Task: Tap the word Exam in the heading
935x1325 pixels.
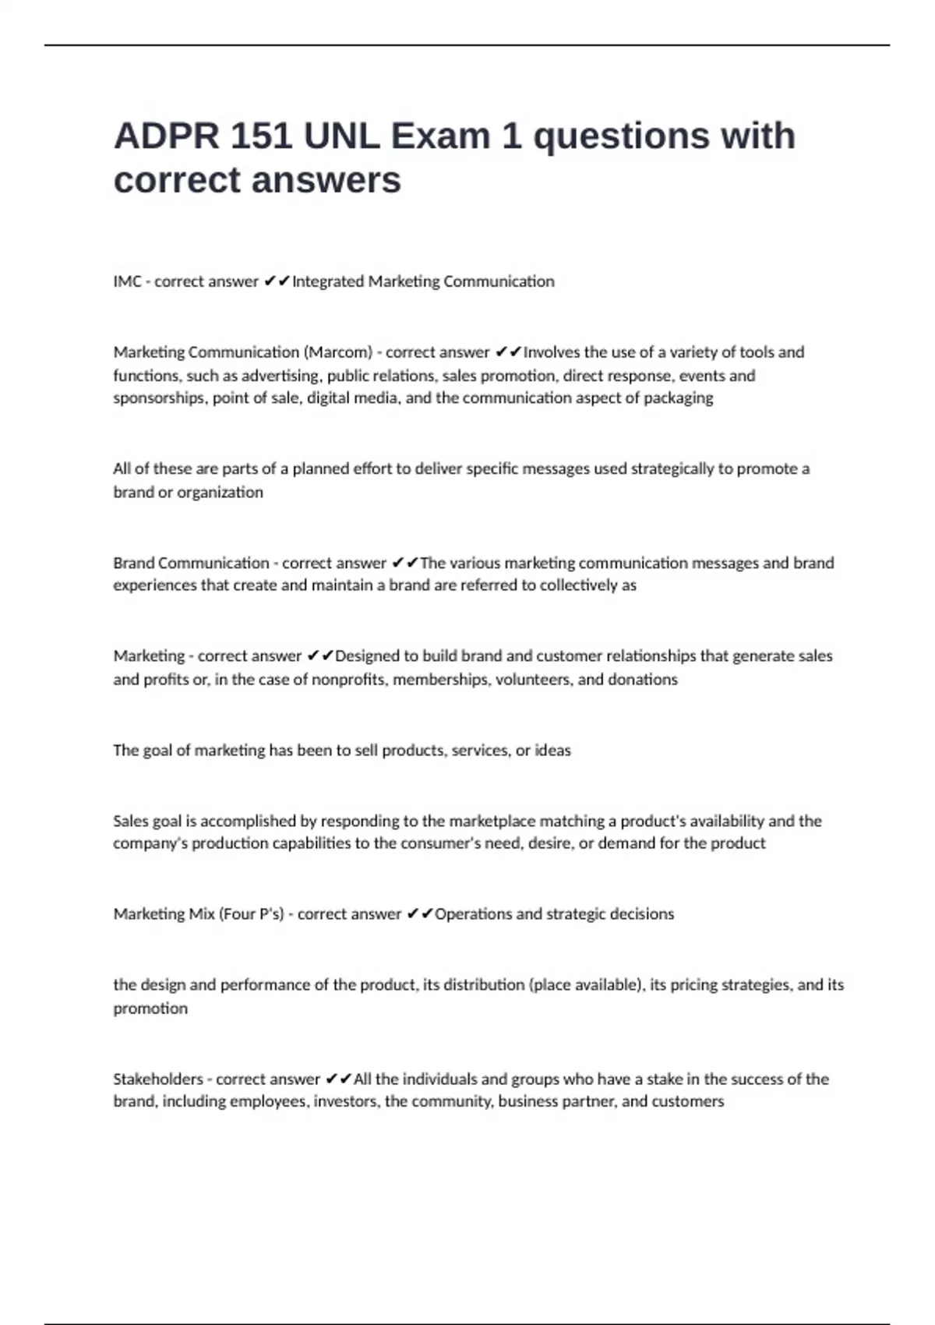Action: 440,136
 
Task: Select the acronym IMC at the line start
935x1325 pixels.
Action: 127,281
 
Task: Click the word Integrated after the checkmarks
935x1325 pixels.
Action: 328,281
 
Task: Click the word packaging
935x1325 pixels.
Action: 678,398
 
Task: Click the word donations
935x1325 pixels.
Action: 643,680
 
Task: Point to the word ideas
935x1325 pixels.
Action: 552,751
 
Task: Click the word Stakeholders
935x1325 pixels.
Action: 158,1079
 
